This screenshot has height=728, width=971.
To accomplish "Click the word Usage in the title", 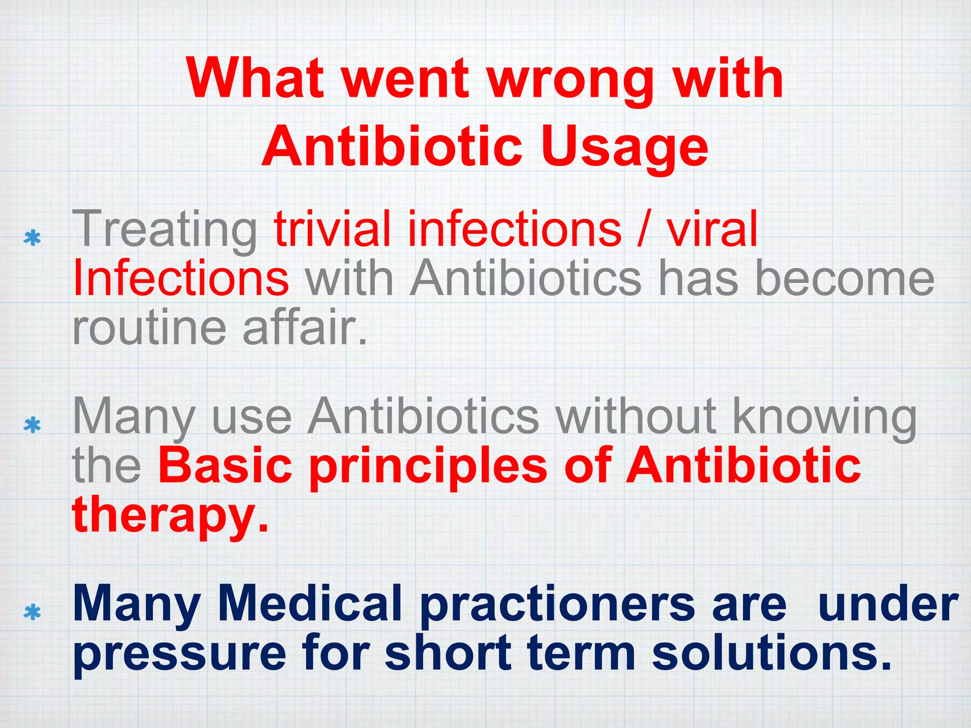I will [624, 147].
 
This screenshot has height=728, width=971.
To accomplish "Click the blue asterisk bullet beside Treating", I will [32, 237].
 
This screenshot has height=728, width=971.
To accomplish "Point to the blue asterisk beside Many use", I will [32, 425].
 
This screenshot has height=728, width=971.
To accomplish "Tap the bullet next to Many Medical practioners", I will [32, 612].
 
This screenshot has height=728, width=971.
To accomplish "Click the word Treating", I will [164, 230].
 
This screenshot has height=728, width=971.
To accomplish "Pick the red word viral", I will [711, 229].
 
